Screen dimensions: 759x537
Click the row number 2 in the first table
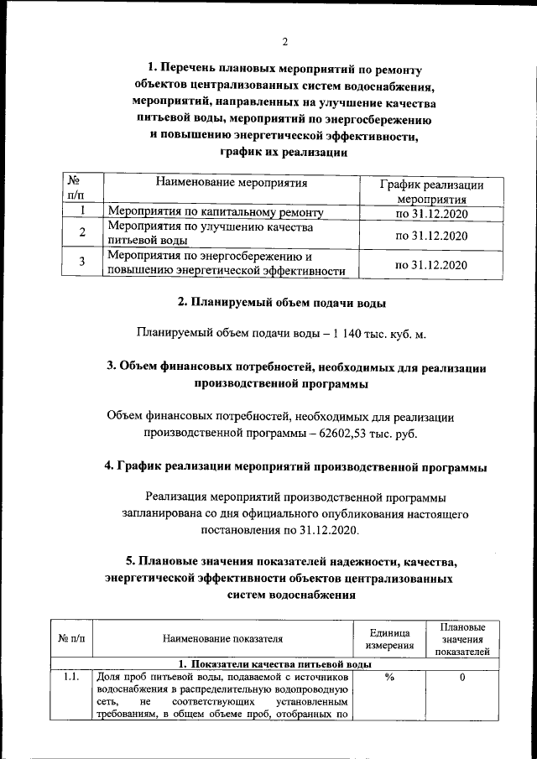[x=81, y=233]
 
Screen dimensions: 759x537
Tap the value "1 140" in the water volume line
[x=344, y=334]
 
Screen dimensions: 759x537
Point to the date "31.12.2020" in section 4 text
[x=323, y=530]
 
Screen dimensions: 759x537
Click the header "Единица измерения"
[x=388, y=639]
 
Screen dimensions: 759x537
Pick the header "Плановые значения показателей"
[x=461, y=639]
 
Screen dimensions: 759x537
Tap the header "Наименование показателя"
[x=222, y=640]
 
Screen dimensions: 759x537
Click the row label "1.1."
[x=70, y=677]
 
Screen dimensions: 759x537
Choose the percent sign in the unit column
[x=389, y=677]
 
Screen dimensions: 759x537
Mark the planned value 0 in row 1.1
[x=461, y=677]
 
